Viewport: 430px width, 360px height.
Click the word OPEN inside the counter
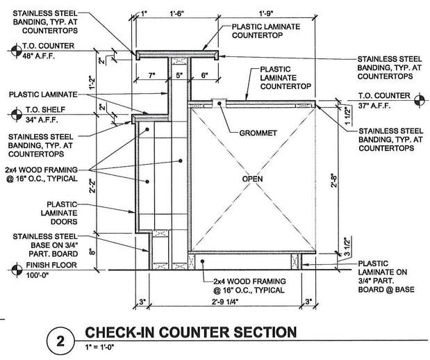coord(253,179)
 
